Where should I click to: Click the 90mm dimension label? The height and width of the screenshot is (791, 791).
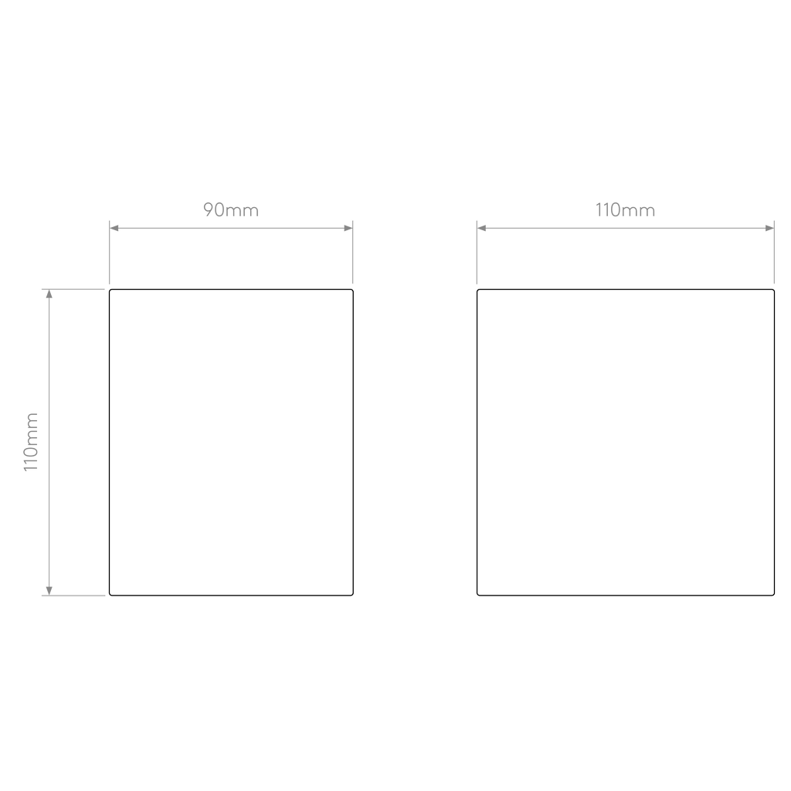point(231,210)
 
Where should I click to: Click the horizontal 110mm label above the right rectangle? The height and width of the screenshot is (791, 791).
point(625,210)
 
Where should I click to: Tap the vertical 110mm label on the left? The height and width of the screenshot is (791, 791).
point(31,442)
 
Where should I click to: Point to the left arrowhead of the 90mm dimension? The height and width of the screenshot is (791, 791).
point(114,228)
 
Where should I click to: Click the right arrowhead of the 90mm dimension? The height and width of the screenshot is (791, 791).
point(348,228)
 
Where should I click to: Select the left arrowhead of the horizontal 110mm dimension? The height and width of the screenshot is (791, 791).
point(482,228)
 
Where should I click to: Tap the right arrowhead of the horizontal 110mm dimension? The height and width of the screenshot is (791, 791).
point(769,228)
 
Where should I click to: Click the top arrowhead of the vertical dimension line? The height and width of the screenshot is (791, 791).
point(49,294)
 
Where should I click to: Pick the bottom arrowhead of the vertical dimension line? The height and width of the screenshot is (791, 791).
point(49,591)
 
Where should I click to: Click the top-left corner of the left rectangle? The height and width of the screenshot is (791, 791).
point(110,290)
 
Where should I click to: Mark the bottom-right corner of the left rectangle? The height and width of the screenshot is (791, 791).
point(352,595)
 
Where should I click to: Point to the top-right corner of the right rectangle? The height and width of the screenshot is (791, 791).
point(773,290)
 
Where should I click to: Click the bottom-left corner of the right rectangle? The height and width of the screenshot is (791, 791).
point(477,595)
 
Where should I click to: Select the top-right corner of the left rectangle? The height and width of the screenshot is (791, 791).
point(352,290)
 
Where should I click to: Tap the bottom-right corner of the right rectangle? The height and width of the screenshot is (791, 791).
point(773,595)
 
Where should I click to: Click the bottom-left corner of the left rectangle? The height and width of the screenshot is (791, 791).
point(110,595)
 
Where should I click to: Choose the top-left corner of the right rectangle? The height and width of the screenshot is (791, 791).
point(477,290)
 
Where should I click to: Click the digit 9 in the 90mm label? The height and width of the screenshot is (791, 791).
point(209,210)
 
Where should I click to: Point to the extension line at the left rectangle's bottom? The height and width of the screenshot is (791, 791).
point(73,596)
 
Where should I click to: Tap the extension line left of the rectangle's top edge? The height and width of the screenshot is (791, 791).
point(73,289)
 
